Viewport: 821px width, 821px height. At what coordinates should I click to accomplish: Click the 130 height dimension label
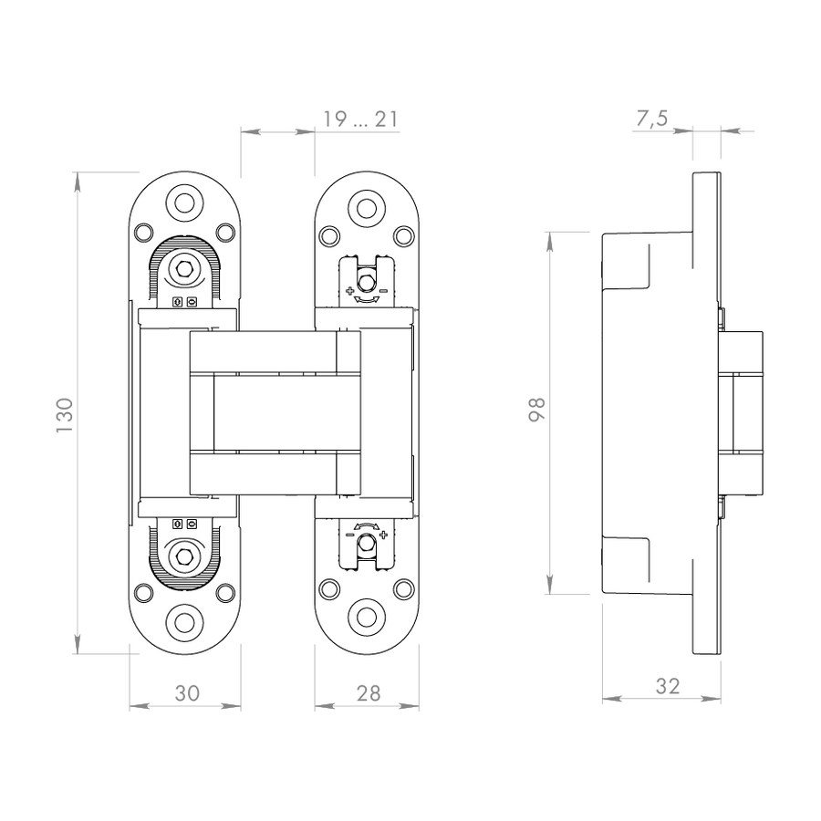[65, 415]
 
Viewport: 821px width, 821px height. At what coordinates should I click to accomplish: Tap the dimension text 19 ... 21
[359, 120]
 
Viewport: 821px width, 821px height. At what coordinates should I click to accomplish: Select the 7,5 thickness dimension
[652, 119]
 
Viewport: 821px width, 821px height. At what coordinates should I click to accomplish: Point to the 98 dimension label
[536, 410]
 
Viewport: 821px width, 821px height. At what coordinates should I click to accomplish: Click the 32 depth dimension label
[667, 686]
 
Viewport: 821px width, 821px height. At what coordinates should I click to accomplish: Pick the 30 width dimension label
[187, 693]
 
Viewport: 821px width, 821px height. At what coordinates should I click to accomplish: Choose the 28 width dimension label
[369, 693]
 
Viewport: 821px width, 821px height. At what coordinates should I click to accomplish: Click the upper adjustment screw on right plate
[366, 282]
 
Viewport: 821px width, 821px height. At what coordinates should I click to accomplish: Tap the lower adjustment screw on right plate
[366, 545]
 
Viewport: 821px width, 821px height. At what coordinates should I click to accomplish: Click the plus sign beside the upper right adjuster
[349, 290]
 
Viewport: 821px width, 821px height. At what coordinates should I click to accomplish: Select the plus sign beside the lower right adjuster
[383, 535]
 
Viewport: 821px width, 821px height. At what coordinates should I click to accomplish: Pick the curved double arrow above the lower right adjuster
[367, 525]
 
